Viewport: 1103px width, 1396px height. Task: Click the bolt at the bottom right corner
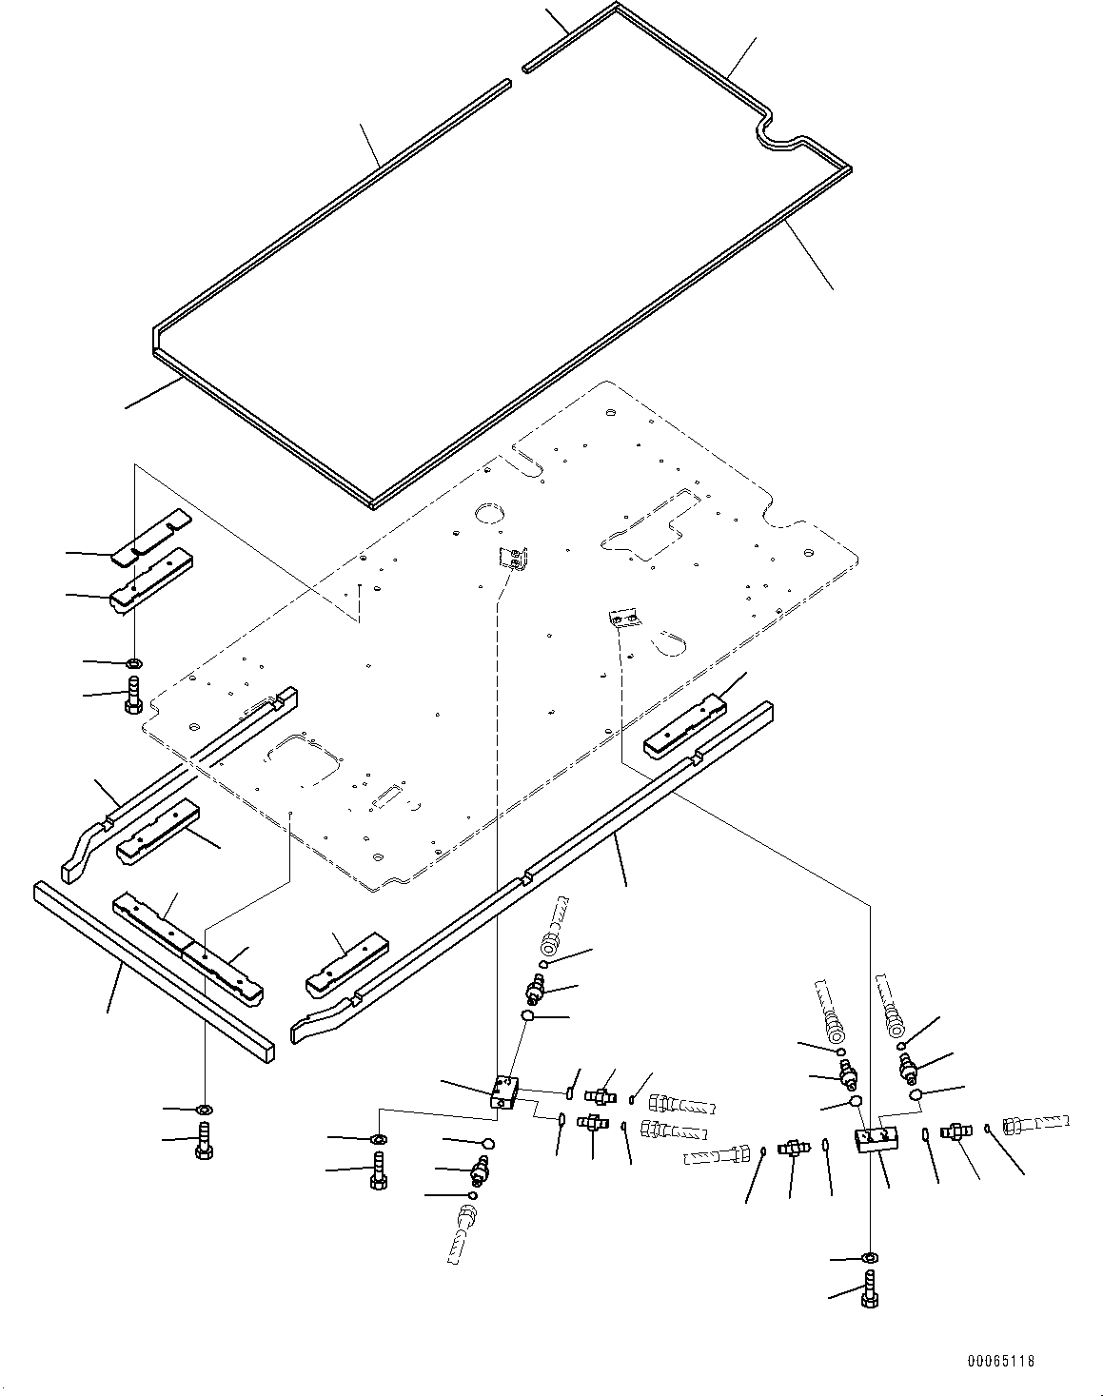[x=870, y=1288]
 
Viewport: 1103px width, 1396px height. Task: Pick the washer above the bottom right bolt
[x=869, y=1258]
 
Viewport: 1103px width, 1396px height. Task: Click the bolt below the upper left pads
[x=134, y=693]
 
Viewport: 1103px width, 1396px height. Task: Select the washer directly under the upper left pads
[x=134, y=662]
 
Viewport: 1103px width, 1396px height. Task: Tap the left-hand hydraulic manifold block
[x=503, y=1091]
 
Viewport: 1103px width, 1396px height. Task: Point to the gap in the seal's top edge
[x=515, y=75]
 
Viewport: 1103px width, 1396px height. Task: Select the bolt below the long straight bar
[x=204, y=1138]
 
